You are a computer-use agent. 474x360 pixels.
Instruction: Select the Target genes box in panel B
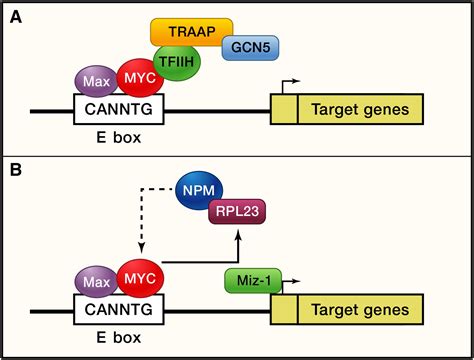[x=358, y=309]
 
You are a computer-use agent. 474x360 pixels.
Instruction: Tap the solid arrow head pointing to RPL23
[x=237, y=234]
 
